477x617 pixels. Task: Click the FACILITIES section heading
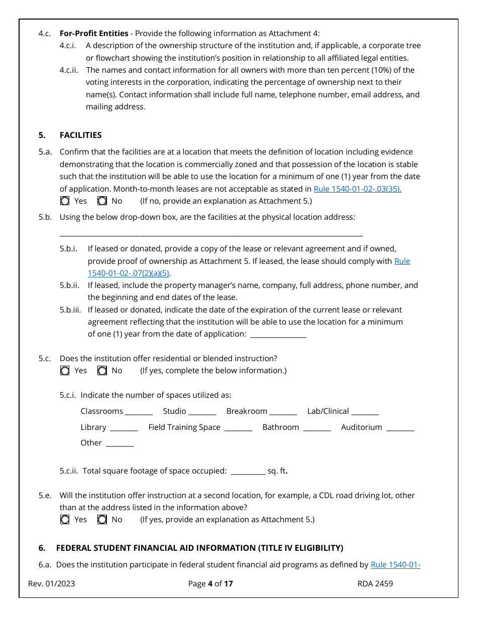(80, 135)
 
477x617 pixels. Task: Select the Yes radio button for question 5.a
(65, 201)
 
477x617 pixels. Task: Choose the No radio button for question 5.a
(102, 201)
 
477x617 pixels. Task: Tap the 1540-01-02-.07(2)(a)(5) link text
(129, 273)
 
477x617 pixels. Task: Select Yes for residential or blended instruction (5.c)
(65, 371)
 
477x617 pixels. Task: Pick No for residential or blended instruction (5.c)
(102, 371)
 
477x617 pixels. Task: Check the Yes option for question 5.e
(65, 520)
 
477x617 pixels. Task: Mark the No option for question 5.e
(102, 520)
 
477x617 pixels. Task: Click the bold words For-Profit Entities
(94, 34)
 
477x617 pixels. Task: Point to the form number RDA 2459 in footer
(375, 583)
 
